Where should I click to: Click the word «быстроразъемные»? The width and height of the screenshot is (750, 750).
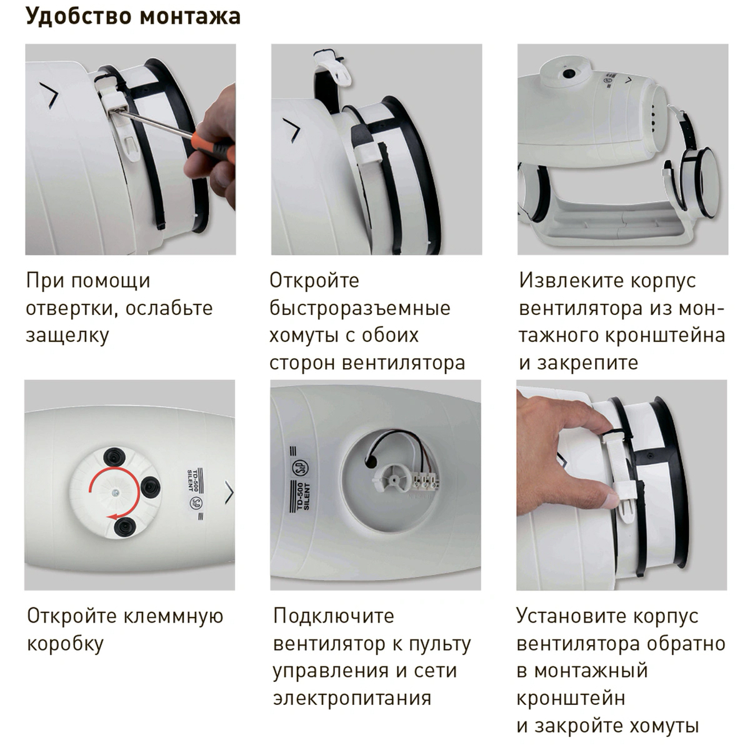pos(359,309)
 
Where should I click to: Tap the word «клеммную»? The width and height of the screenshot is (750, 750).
pos(174,616)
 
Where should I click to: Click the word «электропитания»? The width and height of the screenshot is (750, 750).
pos(352,698)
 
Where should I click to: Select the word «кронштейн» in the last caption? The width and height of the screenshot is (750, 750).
pos(571,698)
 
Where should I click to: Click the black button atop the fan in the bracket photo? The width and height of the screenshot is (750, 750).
pos(569,73)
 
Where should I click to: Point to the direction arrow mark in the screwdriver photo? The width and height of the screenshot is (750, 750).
pos(50,95)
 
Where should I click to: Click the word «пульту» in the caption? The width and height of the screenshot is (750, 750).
pos(440,644)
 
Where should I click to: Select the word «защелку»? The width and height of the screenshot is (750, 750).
pos(67,336)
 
